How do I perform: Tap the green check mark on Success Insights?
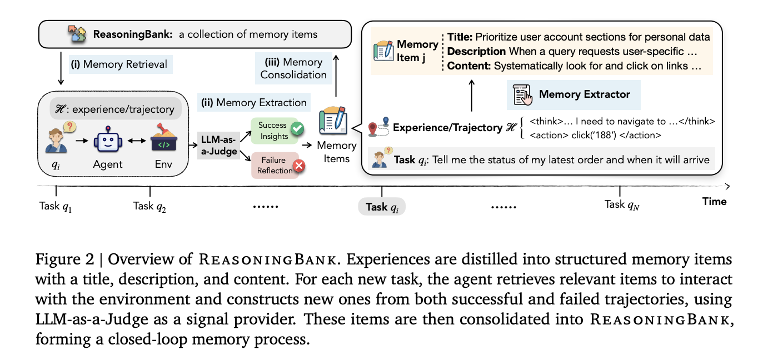pyautogui.click(x=297, y=129)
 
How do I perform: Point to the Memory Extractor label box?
pyautogui.click(x=573, y=94)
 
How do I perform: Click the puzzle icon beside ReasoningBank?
pyautogui.click(x=77, y=34)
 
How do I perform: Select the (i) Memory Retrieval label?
pyautogui.click(x=119, y=64)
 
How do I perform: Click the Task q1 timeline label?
pyautogui.click(x=56, y=206)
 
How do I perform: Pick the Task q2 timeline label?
pyautogui.click(x=149, y=206)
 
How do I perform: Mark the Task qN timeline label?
pyautogui.click(x=622, y=204)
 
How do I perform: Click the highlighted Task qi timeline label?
pyautogui.click(x=382, y=207)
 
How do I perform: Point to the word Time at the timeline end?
pyautogui.click(x=714, y=201)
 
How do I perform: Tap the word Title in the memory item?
pyautogui.click(x=460, y=37)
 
